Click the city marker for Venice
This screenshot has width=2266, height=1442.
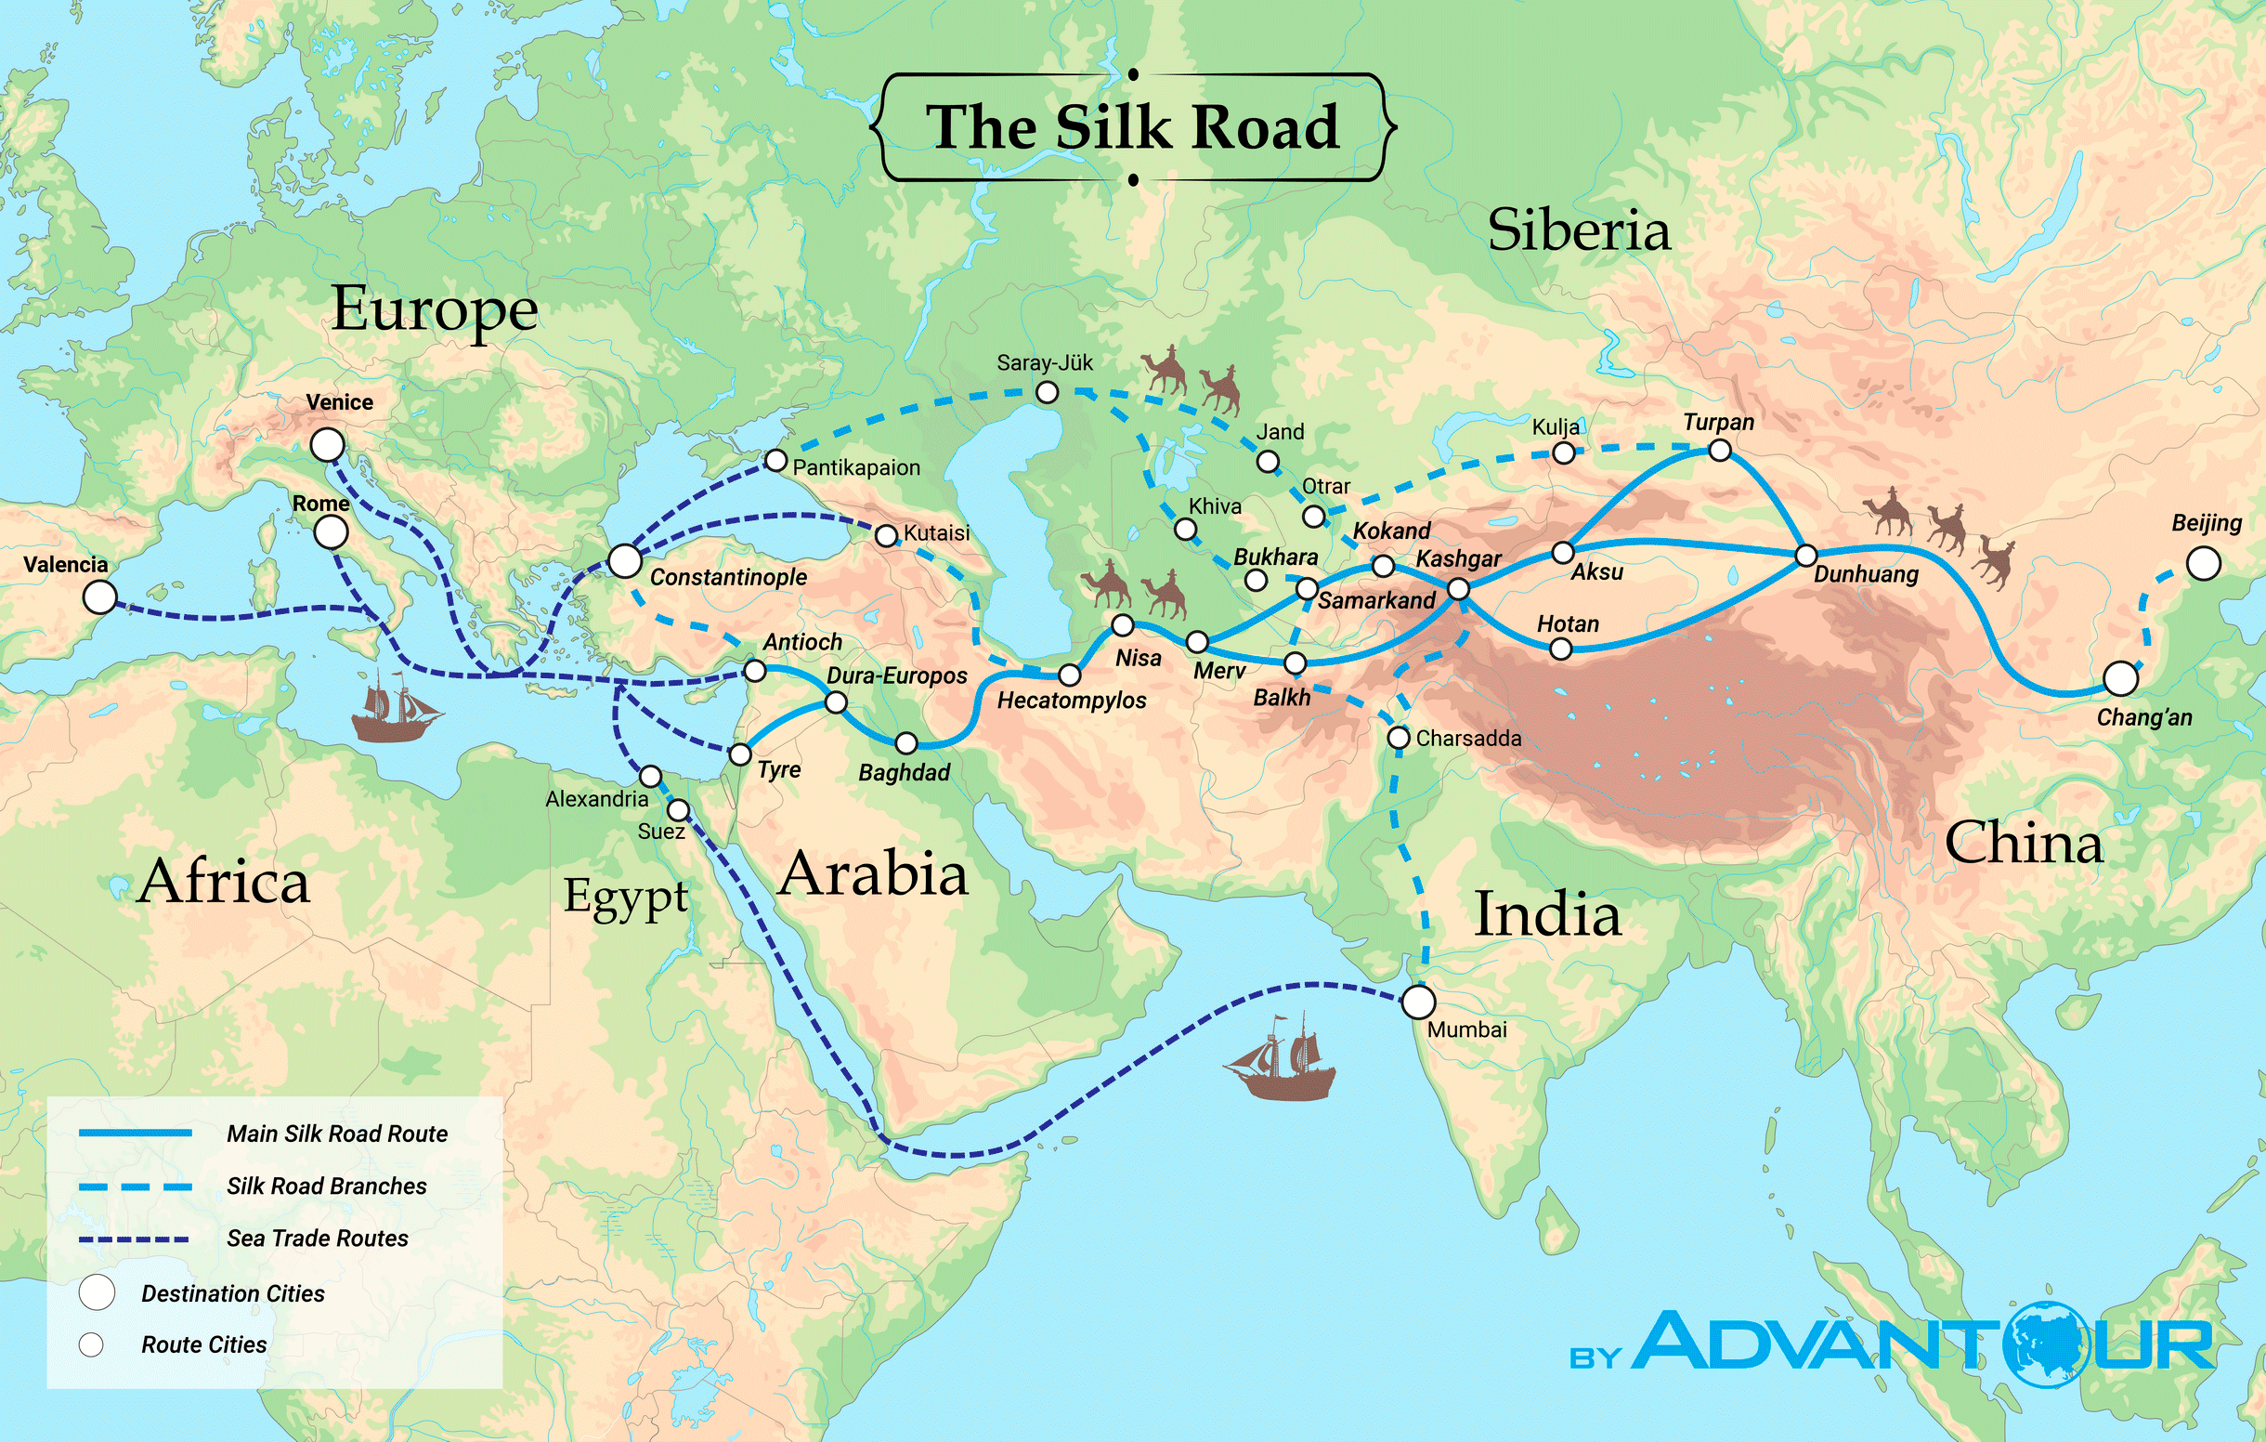click(328, 444)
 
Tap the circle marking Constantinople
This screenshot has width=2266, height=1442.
click(625, 561)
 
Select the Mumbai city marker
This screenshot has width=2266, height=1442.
click(1418, 1003)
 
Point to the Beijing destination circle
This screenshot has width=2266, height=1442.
click(2203, 564)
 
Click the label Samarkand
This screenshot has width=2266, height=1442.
click(1375, 600)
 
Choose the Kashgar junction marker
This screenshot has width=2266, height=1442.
click(1458, 589)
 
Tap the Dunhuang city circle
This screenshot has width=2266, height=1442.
click(1804, 556)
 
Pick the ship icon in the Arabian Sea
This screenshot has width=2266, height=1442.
click(1280, 1059)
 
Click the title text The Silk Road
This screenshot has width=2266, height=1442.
click(1132, 127)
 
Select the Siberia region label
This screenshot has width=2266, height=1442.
click(1578, 229)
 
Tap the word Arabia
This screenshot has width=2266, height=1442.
click(872, 873)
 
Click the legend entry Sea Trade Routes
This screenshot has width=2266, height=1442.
click(317, 1239)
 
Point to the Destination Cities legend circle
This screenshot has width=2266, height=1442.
click(97, 1293)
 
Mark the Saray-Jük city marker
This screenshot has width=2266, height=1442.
click(1047, 392)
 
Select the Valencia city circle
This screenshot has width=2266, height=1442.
click(99, 596)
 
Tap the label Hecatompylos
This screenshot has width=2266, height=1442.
click(1071, 701)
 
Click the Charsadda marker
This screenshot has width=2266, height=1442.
click(1399, 737)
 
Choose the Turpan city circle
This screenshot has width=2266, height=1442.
click(1719, 451)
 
